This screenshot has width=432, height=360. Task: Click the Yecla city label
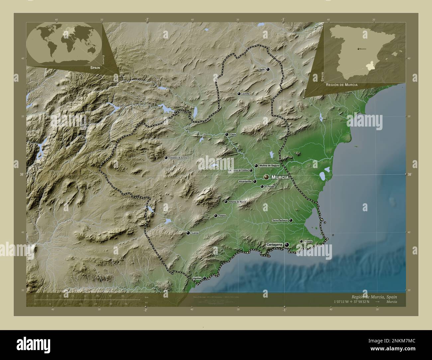[x=262, y=69]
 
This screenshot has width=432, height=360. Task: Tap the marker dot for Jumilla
[x=239, y=94]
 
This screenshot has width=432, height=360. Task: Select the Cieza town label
[x=233, y=135]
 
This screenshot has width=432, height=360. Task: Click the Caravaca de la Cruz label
[x=178, y=158]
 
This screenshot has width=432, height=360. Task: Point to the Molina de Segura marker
[x=256, y=165]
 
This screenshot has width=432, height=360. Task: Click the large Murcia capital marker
[x=266, y=177]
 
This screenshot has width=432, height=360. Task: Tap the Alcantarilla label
[x=245, y=182]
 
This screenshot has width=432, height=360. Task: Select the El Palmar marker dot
[x=262, y=187]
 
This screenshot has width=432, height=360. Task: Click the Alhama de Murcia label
[x=238, y=202]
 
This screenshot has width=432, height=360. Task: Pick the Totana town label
[x=222, y=216]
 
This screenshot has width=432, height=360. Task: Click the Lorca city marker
[x=188, y=233]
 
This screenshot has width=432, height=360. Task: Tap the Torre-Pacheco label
[x=280, y=220]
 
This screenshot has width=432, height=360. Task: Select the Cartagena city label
[x=274, y=245]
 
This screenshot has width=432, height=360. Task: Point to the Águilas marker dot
[x=204, y=278]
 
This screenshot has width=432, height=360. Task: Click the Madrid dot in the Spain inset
[x=358, y=49]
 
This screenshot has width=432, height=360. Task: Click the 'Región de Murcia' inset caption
[x=342, y=85]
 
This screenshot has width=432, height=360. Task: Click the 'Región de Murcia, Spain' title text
[x=374, y=296]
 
